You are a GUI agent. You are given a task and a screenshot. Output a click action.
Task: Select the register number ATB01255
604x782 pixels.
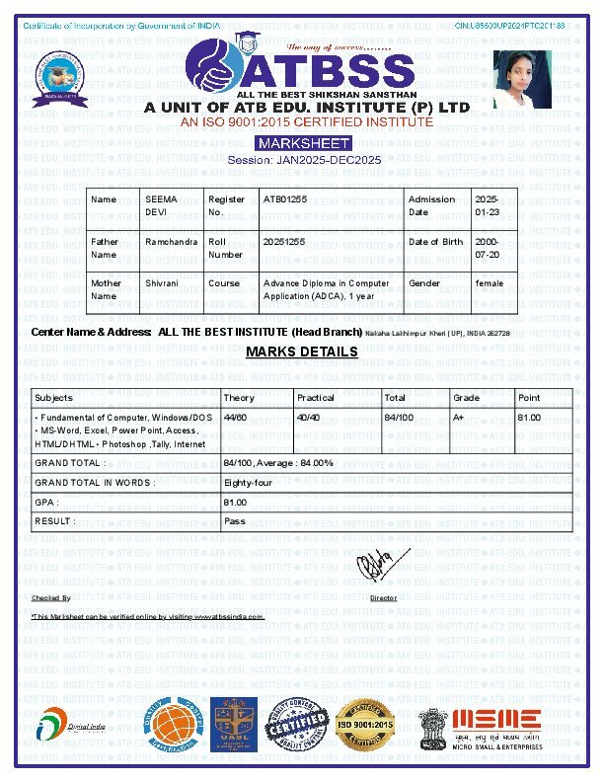285,199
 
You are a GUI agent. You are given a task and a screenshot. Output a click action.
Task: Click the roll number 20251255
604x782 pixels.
284,242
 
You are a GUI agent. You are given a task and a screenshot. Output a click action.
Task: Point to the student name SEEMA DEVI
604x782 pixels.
161,205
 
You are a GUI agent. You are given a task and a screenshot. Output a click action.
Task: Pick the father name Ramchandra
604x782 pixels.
171,242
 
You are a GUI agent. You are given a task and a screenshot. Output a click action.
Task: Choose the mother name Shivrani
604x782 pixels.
163,283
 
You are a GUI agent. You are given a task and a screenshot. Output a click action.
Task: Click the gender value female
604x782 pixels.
490,283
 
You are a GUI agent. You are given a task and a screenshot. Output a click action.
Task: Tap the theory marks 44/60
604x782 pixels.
235,418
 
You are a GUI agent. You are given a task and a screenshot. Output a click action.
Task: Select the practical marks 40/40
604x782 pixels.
308,418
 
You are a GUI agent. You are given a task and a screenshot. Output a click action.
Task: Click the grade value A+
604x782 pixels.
459,418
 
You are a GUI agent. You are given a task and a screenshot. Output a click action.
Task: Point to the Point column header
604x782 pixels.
529,398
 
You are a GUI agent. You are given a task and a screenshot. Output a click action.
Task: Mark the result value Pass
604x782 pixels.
235,520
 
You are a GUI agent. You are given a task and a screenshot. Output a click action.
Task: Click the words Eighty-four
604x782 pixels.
248,483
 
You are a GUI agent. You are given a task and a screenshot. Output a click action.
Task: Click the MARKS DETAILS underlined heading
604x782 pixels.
302,352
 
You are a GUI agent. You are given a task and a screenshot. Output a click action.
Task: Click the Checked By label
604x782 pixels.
51,598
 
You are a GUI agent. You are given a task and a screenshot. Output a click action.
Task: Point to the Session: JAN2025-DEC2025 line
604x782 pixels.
303,159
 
